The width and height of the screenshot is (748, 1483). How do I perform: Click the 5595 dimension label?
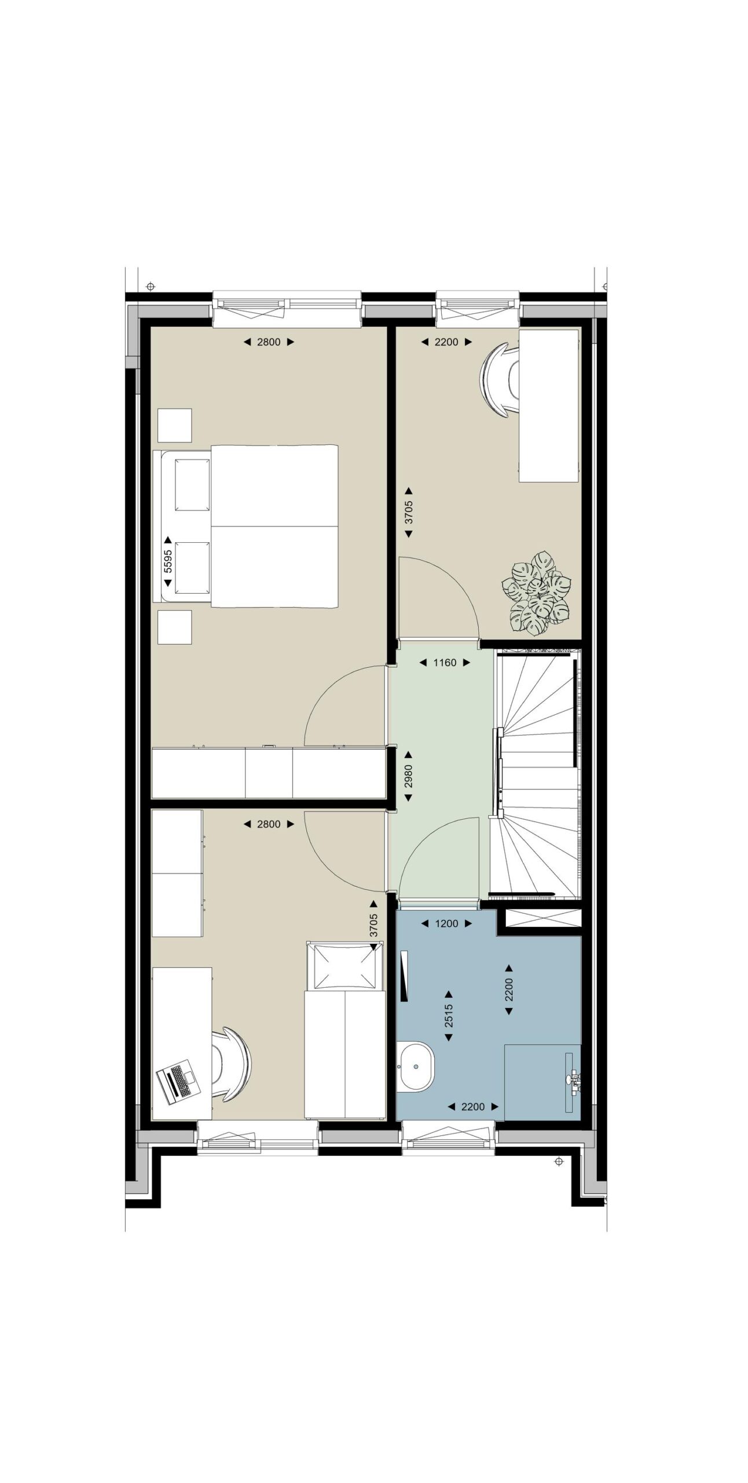(x=168, y=560)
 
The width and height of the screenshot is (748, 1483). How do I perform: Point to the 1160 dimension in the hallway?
(x=445, y=662)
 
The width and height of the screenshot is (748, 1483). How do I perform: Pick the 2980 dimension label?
(x=408, y=776)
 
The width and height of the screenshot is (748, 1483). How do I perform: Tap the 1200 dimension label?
(x=446, y=923)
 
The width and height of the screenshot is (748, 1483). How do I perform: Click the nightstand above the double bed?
(x=174, y=426)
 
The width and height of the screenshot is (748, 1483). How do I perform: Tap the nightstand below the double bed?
(x=174, y=627)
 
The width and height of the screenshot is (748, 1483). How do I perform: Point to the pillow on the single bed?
(x=344, y=966)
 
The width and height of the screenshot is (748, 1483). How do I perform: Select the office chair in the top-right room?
(x=500, y=379)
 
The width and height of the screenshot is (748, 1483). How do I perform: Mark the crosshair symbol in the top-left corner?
(x=151, y=286)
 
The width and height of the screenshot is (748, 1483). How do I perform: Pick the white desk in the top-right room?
(x=549, y=406)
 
